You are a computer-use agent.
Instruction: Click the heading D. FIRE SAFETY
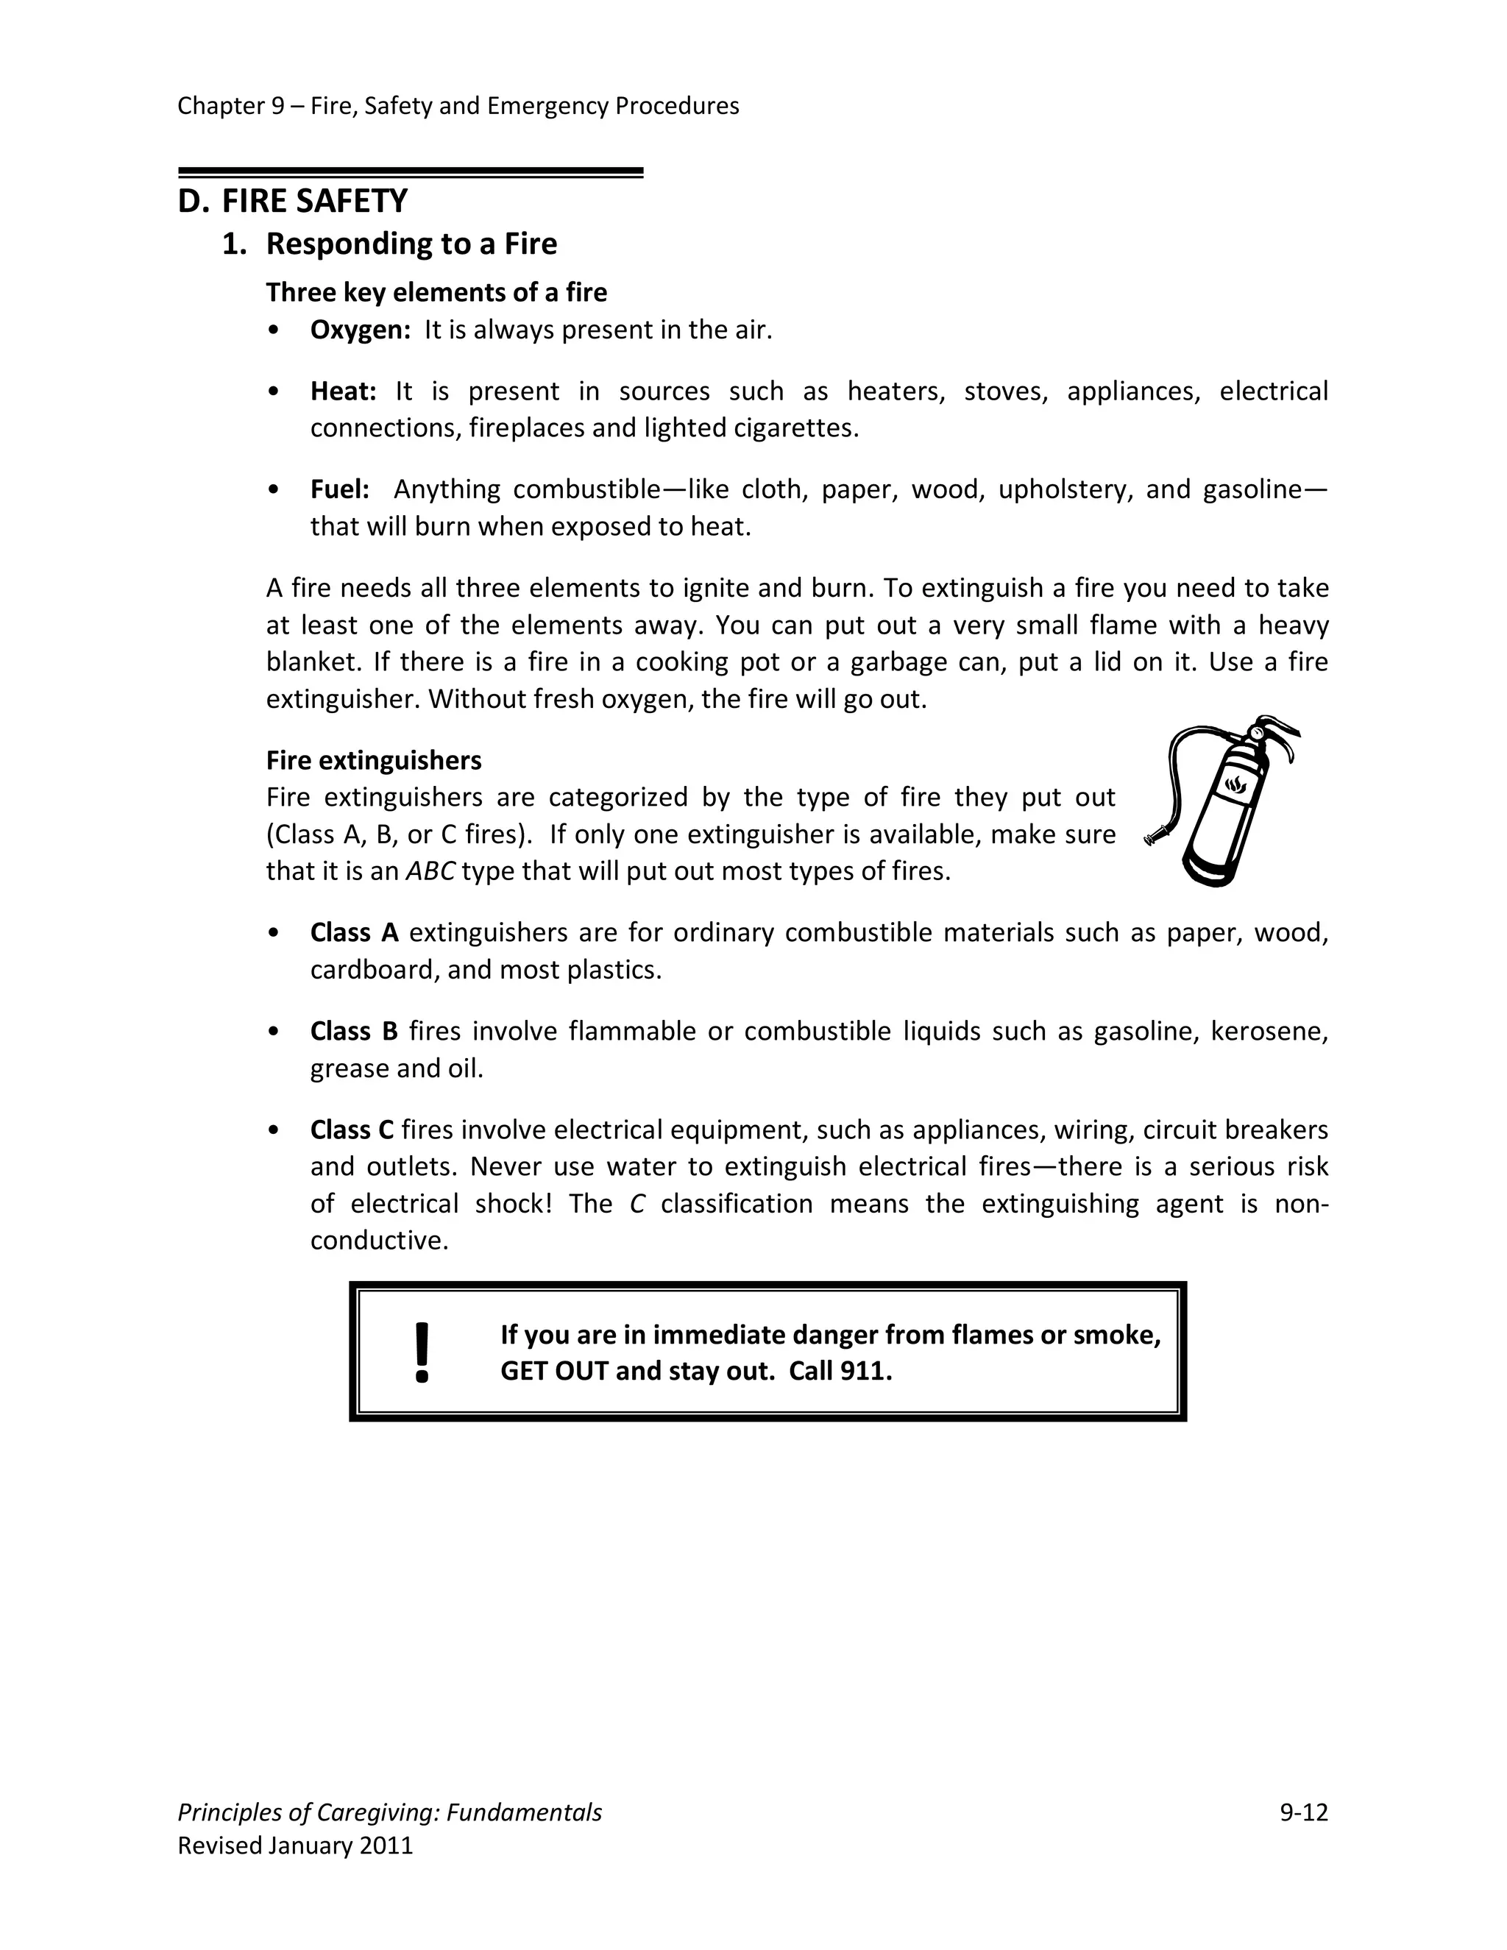coord(292,201)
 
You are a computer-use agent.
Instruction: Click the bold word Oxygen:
coord(360,330)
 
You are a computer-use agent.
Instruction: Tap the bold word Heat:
coord(343,391)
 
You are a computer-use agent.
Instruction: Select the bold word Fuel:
coord(339,489)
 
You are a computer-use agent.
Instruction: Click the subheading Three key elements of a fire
coord(436,292)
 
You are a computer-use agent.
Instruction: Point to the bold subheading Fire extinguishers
coord(373,760)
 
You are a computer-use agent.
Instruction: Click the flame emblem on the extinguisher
coord(1235,785)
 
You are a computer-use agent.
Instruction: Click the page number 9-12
coord(1303,1812)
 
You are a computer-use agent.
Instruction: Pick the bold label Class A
coord(353,932)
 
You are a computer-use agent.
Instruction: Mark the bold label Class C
coord(352,1130)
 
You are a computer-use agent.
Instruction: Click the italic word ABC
coord(430,871)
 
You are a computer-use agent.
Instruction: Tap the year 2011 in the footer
coord(386,1846)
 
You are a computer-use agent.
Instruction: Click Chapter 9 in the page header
coord(230,106)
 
